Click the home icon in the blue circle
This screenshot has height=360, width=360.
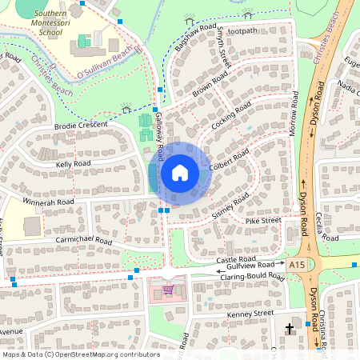[x=180, y=173]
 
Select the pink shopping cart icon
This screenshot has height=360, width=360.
[x=168, y=290]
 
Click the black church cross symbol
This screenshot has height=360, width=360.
[x=290, y=328]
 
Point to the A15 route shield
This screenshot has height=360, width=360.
[x=298, y=264]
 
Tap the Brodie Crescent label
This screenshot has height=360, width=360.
[x=81, y=126]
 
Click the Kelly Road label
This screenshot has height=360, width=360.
[x=73, y=163]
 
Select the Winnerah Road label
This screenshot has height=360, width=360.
[x=48, y=202]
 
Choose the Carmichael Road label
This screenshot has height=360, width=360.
[x=74, y=239]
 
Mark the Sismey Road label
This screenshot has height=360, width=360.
[x=231, y=206]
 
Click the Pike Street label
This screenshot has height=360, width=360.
[x=263, y=220]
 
